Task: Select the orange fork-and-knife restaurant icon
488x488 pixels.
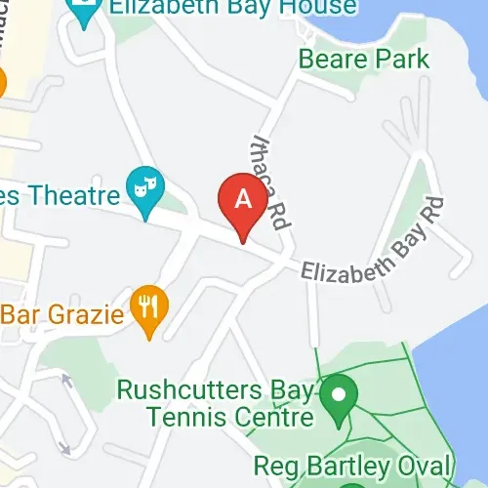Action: [x=148, y=309]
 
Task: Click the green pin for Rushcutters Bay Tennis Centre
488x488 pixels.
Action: [x=340, y=397]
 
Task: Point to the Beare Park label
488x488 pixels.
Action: [x=363, y=59]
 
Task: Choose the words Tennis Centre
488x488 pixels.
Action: [x=230, y=418]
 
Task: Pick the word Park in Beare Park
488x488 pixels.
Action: [x=403, y=59]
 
